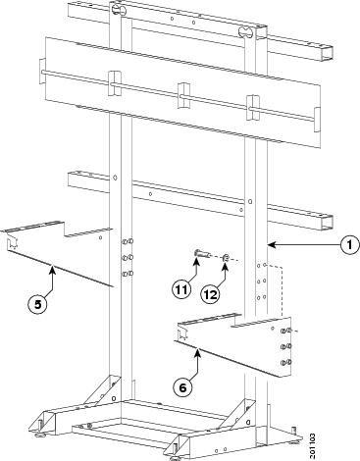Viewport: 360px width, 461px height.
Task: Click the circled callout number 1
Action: [x=349, y=244]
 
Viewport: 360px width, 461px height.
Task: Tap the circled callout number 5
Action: [x=37, y=304]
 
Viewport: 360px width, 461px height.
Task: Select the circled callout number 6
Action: [x=182, y=387]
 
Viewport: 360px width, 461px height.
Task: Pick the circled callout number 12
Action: [x=210, y=294]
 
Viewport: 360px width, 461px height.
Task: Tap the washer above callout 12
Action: [x=226, y=258]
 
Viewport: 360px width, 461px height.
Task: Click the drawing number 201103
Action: [x=313, y=446]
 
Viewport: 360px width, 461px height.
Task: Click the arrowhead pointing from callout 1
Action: [x=271, y=244]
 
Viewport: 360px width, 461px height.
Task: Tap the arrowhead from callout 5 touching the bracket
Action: [x=52, y=268]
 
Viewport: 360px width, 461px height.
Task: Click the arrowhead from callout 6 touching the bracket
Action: [x=197, y=353]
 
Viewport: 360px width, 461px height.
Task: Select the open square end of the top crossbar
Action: [x=327, y=52]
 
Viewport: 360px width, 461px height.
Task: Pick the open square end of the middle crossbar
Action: [x=327, y=222]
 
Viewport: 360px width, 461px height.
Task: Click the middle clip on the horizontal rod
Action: [x=183, y=96]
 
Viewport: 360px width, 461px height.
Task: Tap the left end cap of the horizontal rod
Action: [x=42, y=72]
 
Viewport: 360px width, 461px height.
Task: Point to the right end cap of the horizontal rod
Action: [x=317, y=120]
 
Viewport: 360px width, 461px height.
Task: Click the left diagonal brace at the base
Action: [x=102, y=389]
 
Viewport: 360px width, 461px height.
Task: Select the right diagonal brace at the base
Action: [x=236, y=414]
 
